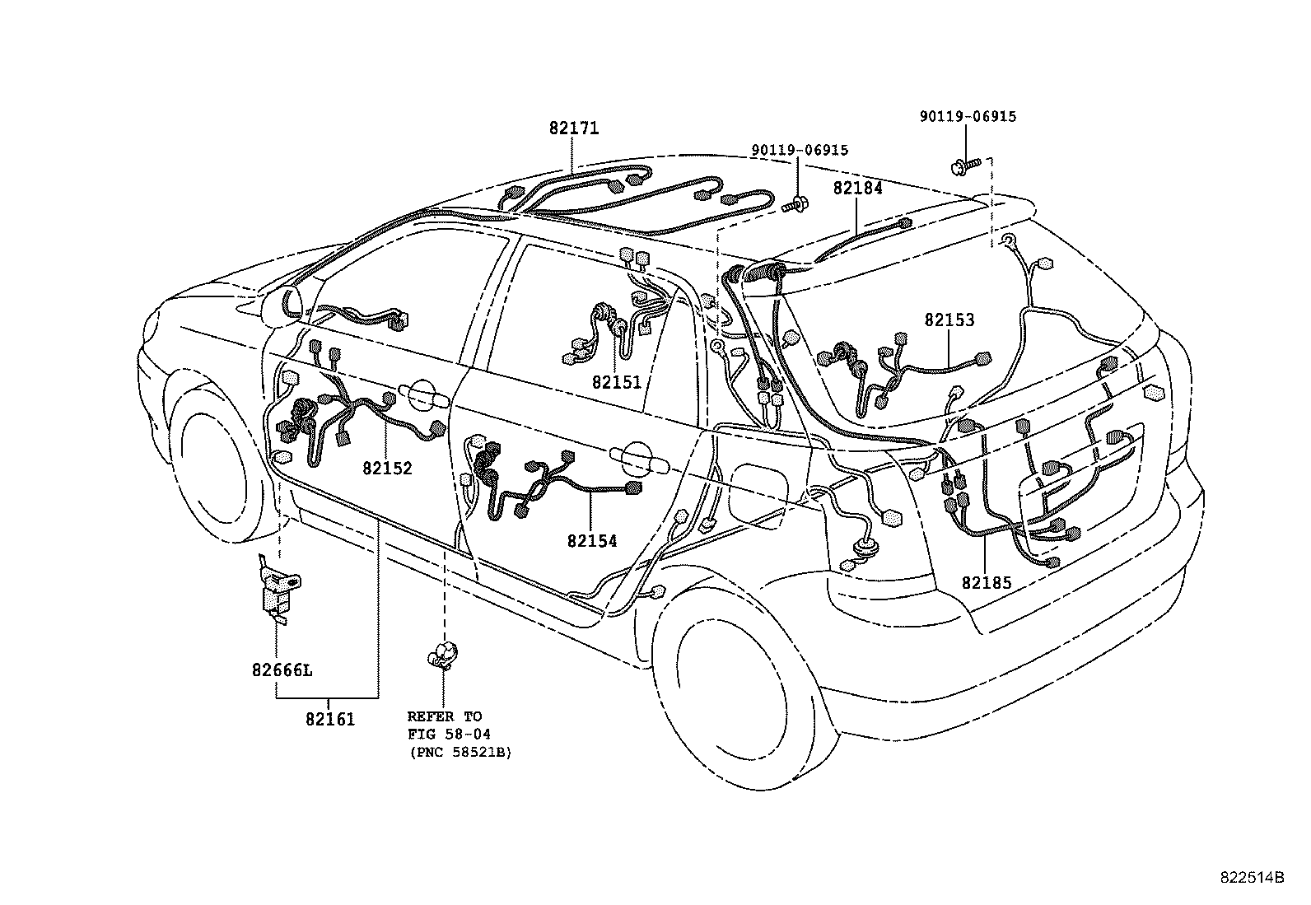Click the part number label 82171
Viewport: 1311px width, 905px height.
(574, 128)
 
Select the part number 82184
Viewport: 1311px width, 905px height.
(857, 188)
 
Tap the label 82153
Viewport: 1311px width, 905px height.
(949, 320)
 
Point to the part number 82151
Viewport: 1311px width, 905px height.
(616, 382)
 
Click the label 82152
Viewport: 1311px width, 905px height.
(387, 468)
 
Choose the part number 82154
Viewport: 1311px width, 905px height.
(591, 541)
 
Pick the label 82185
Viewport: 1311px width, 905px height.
(986, 583)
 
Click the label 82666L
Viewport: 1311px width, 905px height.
(282, 669)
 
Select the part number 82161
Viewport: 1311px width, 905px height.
(329, 719)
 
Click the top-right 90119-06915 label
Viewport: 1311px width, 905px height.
(968, 117)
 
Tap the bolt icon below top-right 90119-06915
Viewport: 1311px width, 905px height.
(963, 166)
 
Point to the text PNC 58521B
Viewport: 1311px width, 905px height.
(460, 753)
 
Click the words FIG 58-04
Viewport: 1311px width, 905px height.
(449, 735)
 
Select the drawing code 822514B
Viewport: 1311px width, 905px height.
(1252, 878)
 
